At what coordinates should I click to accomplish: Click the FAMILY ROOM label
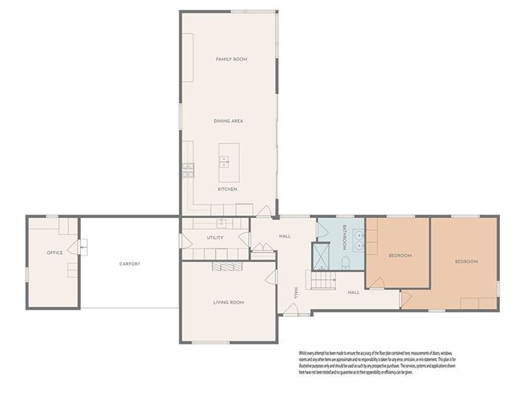[x=232, y=60]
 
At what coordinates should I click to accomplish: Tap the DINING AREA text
[x=228, y=121]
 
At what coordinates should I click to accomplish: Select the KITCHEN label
[x=227, y=190]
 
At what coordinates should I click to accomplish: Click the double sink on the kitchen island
[x=224, y=162]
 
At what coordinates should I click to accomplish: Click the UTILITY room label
[x=215, y=238]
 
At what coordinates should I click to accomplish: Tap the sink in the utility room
[x=222, y=223]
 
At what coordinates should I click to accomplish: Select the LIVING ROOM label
[x=228, y=303]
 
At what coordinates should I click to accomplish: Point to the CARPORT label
[x=130, y=264]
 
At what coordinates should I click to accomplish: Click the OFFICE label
[x=54, y=252]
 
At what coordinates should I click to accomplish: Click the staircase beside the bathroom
[x=323, y=280]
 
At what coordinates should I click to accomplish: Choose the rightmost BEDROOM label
[x=465, y=261]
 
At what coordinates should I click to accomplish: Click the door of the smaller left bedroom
[x=406, y=300]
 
